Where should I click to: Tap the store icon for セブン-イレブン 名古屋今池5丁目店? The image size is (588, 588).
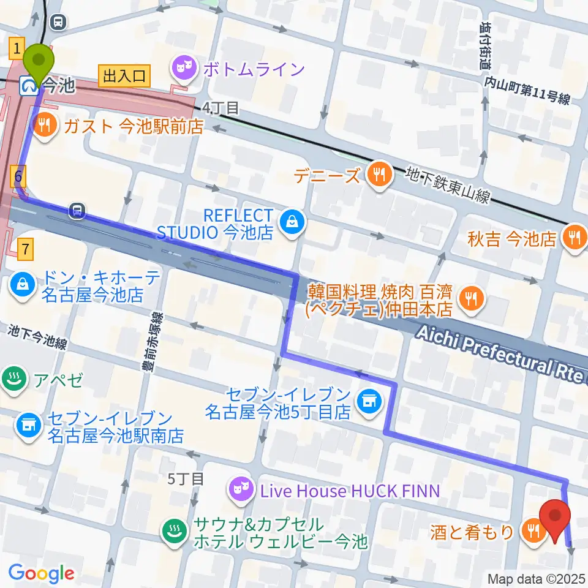click(x=369, y=401)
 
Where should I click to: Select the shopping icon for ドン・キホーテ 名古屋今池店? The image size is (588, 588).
click(x=23, y=284)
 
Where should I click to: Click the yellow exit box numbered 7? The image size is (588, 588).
click(x=25, y=249)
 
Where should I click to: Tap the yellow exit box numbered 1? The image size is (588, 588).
click(x=17, y=47)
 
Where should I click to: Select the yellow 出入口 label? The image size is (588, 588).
click(x=124, y=76)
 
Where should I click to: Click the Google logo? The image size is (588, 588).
click(x=42, y=572)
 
